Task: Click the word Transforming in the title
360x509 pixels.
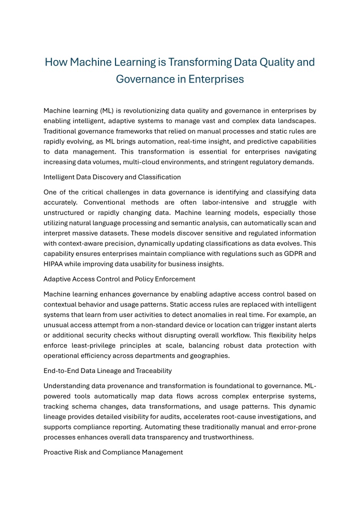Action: click(198, 62)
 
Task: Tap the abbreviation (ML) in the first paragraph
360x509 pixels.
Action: click(109, 110)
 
